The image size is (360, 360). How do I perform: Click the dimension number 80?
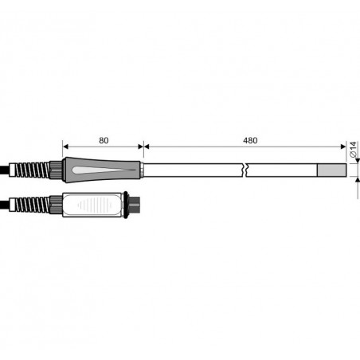click(x=104, y=140)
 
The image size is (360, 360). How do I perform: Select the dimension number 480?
click(x=250, y=140)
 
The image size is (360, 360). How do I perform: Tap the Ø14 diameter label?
click(x=353, y=150)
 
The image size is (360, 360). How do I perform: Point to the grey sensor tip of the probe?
click(x=332, y=170)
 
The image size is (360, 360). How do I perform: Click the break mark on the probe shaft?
click(x=245, y=170)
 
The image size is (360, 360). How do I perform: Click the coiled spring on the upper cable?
click(x=31, y=170)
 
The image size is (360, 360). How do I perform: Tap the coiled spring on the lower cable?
click(x=31, y=205)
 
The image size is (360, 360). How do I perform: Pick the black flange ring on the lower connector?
click(x=126, y=205)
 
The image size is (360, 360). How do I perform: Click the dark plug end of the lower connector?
click(x=134, y=205)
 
